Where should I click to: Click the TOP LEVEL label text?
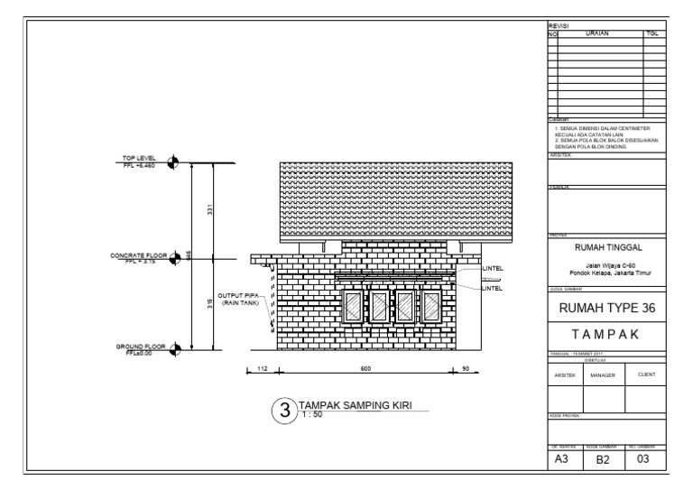[139, 159]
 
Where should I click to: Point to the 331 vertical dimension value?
[209, 211]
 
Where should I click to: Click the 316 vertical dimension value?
[209, 304]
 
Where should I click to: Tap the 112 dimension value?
[263, 368]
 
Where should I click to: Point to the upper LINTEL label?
[492, 268]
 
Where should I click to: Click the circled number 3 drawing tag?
[284, 411]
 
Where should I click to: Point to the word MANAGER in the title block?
[601, 374]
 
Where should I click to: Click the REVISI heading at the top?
[559, 27]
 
